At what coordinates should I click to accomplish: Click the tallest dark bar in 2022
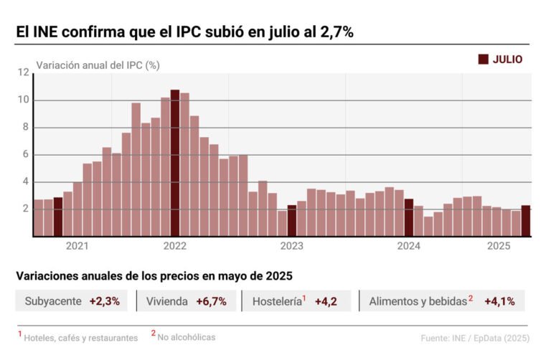(175, 163)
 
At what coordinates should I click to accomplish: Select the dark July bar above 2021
(58, 217)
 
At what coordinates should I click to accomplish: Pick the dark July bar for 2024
(409, 217)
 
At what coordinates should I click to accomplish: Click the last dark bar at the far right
(525, 221)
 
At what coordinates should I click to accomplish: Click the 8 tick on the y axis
(25, 128)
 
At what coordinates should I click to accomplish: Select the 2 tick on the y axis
(25, 209)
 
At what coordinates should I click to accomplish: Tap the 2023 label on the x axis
(292, 246)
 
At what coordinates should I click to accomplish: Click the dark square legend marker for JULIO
(483, 60)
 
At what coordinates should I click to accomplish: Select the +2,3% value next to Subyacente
(105, 301)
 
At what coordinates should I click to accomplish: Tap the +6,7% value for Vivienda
(211, 301)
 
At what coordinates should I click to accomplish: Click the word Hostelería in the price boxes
(275, 302)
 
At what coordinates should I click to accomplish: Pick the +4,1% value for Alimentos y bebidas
(499, 301)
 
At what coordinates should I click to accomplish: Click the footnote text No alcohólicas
(187, 336)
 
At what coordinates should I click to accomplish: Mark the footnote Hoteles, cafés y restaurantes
(80, 337)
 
